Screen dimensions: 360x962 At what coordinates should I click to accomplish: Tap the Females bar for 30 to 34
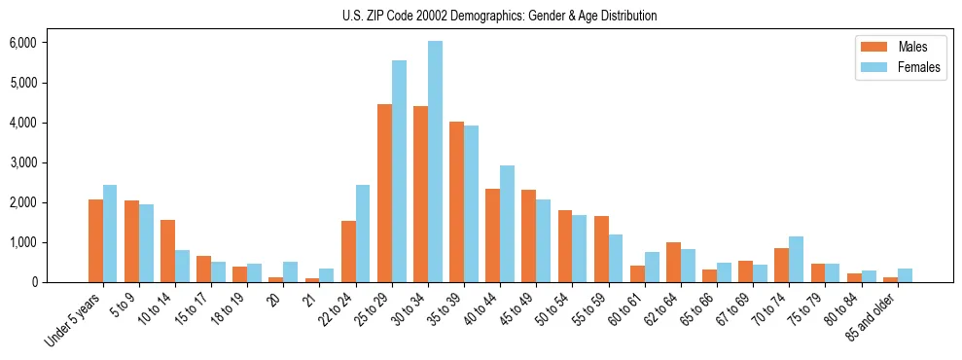(435, 162)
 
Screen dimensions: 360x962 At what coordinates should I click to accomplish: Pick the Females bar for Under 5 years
(110, 234)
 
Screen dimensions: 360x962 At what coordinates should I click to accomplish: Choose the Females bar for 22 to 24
(363, 234)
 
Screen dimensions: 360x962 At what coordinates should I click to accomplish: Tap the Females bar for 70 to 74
(796, 259)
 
